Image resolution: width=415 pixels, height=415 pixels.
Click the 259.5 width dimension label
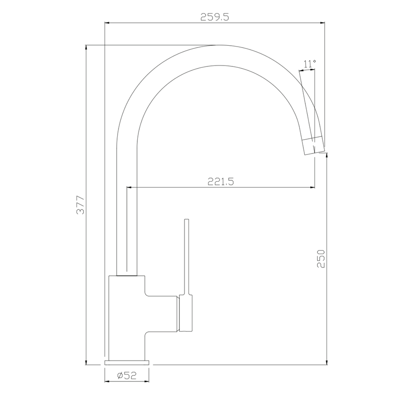(x=214, y=17)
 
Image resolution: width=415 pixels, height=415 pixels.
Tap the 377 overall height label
(x=80, y=205)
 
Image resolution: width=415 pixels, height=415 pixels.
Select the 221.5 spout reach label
(x=221, y=182)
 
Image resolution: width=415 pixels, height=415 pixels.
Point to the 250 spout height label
(x=321, y=259)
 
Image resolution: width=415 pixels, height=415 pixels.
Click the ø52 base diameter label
(x=127, y=375)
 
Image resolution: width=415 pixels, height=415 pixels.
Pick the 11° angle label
(x=310, y=64)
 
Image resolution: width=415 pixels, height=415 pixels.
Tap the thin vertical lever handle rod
(x=187, y=257)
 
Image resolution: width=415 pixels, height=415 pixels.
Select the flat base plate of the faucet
(x=127, y=362)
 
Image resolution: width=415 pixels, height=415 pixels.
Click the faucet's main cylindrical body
(x=127, y=318)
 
